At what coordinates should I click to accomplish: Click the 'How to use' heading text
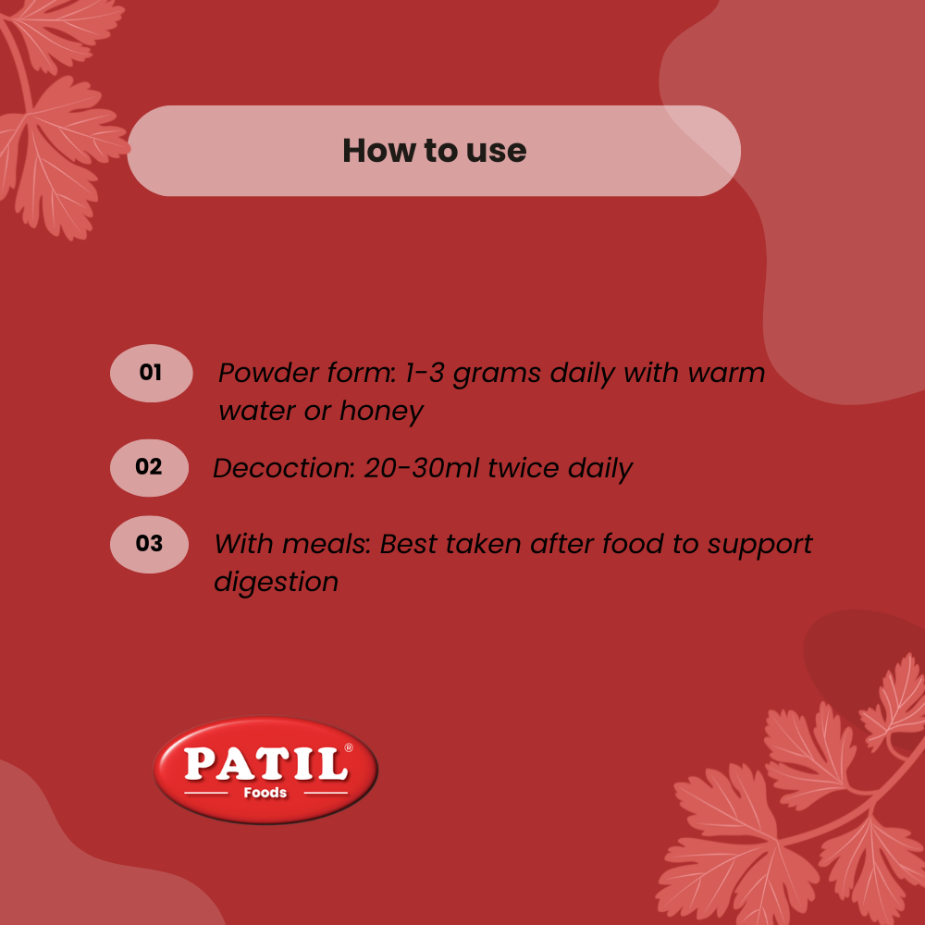pyautogui.click(x=434, y=151)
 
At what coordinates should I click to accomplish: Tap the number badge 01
pyautogui.click(x=151, y=373)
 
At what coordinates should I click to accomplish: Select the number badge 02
pyautogui.click(x=149, y=467)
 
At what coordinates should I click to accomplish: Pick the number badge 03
pyautogui.click(x=149, y=544)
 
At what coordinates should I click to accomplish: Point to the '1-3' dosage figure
pyautogui.click(x=425, y=373)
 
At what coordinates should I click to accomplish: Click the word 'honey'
pyautogui.click(x=382, y=412)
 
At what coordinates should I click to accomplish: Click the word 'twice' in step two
pyautogui.click(x=524, y=468)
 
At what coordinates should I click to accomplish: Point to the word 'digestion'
pyautogui.click(x=276, y=582)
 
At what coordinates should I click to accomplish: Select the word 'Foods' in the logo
pyautogui.click(x=265, y=793)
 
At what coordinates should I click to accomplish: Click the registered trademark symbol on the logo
pyautogui.click(x=349, y=748)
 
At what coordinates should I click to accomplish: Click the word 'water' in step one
pyautogui.click(x=256, y=412)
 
